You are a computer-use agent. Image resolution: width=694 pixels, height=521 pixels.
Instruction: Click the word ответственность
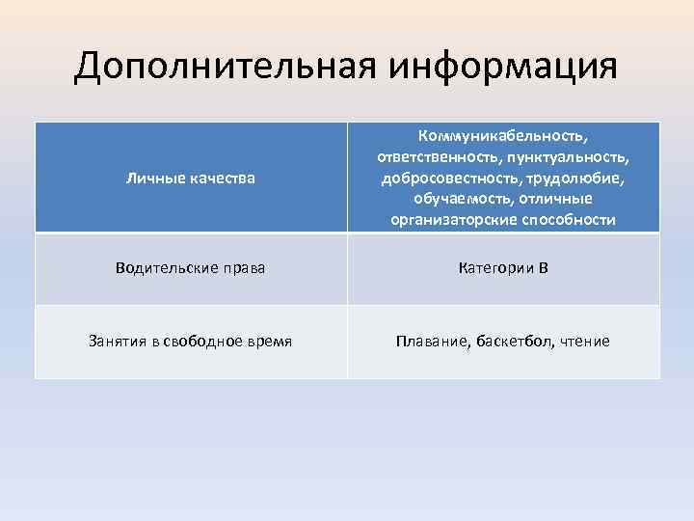(x=426, y=157)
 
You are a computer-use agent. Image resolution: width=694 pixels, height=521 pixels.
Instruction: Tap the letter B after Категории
(x=544, y=267)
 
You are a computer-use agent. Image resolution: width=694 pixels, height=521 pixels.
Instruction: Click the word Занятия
(x=118, y=341)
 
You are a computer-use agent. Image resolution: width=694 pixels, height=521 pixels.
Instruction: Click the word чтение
(x=583, y=342)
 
